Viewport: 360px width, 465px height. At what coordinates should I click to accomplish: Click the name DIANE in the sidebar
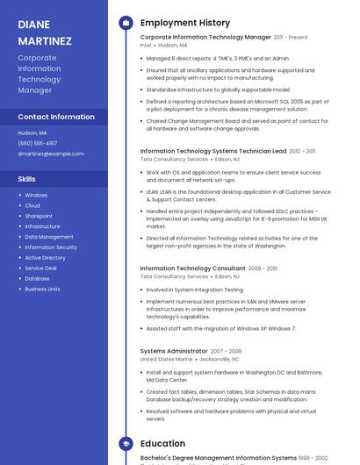[x=33, y=25]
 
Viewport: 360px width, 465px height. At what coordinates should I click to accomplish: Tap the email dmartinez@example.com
[x=51, y=154]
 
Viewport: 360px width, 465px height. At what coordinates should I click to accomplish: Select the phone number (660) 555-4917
[x=38, y=143]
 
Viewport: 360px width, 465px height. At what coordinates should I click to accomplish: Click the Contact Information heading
[x=56, y=117]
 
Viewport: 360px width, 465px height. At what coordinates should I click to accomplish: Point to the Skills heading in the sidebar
[x=27, y=179]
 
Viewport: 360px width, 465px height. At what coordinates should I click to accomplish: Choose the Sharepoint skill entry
[x=39, y=216]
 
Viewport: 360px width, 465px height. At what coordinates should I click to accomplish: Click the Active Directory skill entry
[x=45, y=258]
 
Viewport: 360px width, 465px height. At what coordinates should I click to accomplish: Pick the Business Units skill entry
[x=42, y=289]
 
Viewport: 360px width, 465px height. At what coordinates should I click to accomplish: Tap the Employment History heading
[x=185, y=23]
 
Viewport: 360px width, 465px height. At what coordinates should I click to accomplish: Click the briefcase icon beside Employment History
[x=126, y=23]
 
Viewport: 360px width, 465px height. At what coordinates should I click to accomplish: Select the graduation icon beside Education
[x=126, y=444]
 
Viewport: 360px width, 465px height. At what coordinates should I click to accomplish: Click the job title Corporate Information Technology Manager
[x=205, y=38]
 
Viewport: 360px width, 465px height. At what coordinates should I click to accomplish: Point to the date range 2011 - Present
[x=291, y=38]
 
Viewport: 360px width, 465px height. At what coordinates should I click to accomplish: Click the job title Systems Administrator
[x=173, y=351]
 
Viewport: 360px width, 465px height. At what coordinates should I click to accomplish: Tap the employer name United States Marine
[x=166, y=359]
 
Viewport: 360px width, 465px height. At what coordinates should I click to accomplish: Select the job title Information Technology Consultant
[x=192, y=268]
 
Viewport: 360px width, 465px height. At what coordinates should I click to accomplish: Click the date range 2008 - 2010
[x=263, y=268]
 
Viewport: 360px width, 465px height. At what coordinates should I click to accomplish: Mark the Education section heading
[x=162, y=444]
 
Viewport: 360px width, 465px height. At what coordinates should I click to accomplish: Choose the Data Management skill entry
[x=49, y=237]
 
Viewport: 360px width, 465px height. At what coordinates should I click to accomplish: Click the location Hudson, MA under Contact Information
[x=32, y=132]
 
